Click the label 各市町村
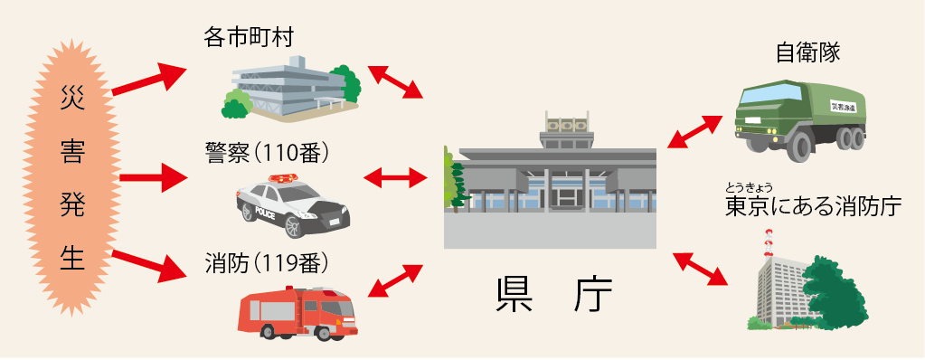click(x=249, y=38)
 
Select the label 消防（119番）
click(x=266, y=262)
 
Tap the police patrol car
click(x=293, y=206)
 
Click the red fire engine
click(x=297, y=313)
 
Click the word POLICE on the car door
click(x=265, y=213)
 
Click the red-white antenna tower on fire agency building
click(x=768, y=244)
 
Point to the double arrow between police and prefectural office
click(x=396, y=176)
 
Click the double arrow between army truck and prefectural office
click(x=694, y=131)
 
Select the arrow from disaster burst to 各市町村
click(x=148, y=80)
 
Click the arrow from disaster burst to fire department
click(x=148, y=266)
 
